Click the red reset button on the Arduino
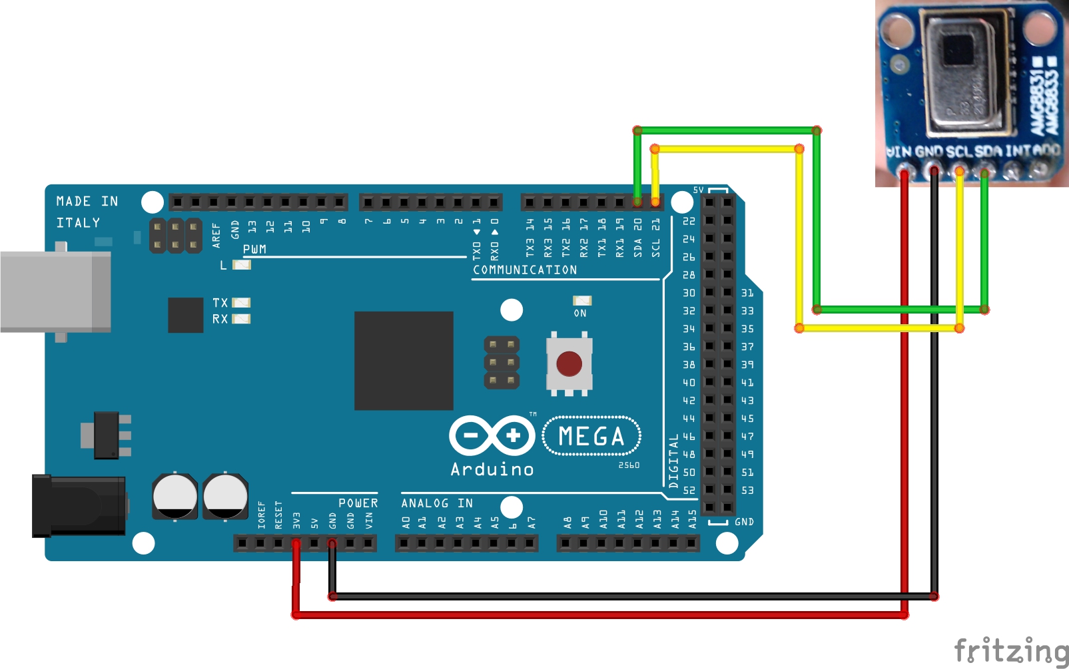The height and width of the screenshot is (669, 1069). pyautogui.click(x=569, y=364)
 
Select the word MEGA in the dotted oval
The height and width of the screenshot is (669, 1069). pyautogui.click(x=591, y=437)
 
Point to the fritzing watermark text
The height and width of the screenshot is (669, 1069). pyautogui.click(x=1010, y=650)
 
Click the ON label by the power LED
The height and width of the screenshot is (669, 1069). pyautogui.click(x=580, y=313)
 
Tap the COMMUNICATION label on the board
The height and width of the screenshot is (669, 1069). pyautogui.click(x=525, y=270)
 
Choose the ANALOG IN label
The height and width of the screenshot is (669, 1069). pyautogui.click(x=437, y=503)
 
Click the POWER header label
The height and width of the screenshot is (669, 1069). pyautogui.click(x=358, y=503)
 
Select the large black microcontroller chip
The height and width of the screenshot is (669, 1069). pyautogui.click(x=404, y=361)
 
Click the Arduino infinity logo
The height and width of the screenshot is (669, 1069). pyautogui.click(x=492, y=436)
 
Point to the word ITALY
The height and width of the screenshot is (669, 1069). pyautogui.click(x=78, y=223)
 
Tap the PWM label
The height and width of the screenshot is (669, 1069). pyautogui.click(x=254, y=249)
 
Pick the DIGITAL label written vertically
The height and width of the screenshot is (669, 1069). pyautogui.click(x=673, y=461)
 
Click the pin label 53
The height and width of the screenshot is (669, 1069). pyautogui.click(x=747, y=491)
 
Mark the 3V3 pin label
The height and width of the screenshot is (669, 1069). pyautogui.click(x=296, y=520)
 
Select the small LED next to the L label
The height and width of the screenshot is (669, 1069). pyautogui.click(x=241, y=265)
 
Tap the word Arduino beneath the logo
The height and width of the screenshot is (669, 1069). pyautogui.click(x=492, y=469)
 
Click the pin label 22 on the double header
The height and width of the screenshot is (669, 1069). pyautogui.click(x=689, y=221)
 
